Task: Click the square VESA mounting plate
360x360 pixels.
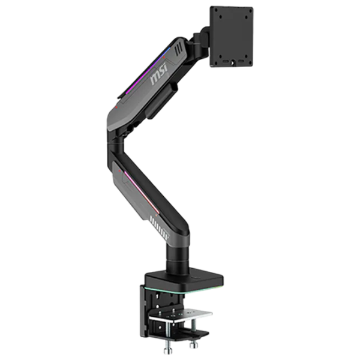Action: pyautogui.click(x=232, y=37)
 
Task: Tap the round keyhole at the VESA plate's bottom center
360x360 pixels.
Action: pyautogui.click(x=233, y=62)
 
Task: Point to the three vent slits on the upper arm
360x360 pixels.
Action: pyautogui.click(x=179, y=49)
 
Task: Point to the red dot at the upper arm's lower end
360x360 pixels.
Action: pyautogui.click(x=116, y=107)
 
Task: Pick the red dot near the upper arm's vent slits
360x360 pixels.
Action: pyautogui.click(x=164, y=58)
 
